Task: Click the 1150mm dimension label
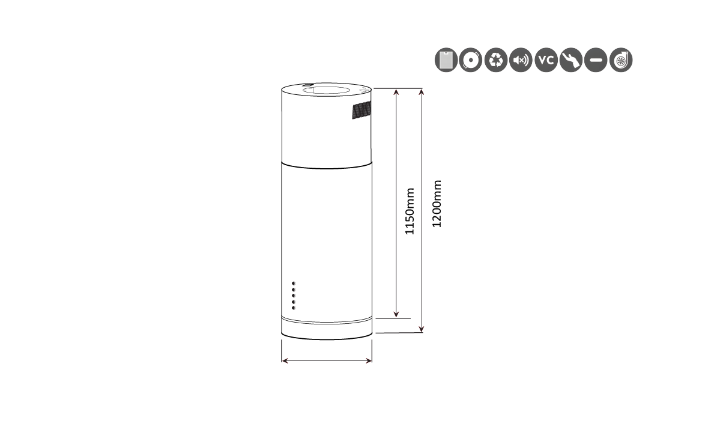click(x=410, y=211)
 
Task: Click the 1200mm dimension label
click(x=437, y=204)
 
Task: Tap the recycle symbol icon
click(x=496, y=60)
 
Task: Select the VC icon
click(x=546, y=60)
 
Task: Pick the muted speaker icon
click(x=521, y=60)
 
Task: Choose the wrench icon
click(x=571, y=60)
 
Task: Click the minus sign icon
click(x=596, y=60)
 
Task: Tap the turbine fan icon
click(x=621, y=60)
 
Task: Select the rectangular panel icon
click(x=446, y=60)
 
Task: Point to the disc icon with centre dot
click(x=471, y=60)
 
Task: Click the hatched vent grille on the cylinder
click(x=361, y=110)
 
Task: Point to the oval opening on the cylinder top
click(x=326, y=91)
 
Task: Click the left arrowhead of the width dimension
click(x=285, y=360)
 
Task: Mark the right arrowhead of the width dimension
click(x=369, y=360)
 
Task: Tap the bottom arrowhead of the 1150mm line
click(x=396, y=315)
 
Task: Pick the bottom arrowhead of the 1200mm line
click(x=421, y=329)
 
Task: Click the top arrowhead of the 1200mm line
click(x=421, y=93)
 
